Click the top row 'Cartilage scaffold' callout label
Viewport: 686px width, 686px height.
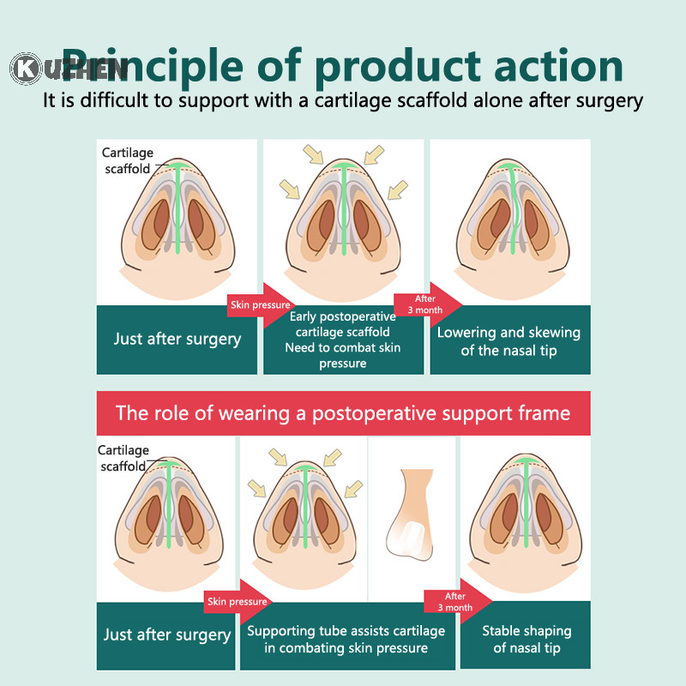tap(129, 160)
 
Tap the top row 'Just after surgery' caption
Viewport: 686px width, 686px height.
tap(178, 339)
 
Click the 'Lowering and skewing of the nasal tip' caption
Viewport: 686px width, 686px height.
tap(508, 340)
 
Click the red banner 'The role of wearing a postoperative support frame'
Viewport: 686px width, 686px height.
tap(343, 413)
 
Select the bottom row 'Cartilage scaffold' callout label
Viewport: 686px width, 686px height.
tap(123, 458)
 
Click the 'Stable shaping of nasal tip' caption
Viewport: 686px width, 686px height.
tap(526, 639)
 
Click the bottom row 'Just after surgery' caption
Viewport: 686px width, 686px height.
tap(167, 635)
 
